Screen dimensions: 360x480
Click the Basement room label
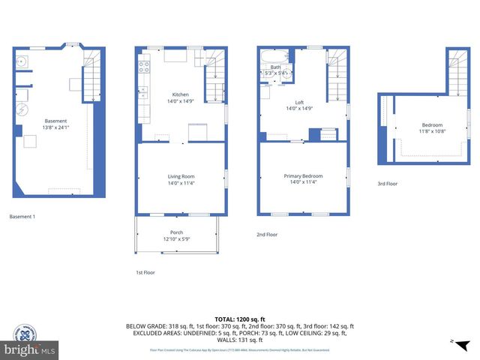pyautogui.click(x=55, y=121)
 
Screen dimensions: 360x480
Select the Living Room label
pyautogui.click(x=181, y=176)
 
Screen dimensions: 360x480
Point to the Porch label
pyautogui.click(x=177, y=232)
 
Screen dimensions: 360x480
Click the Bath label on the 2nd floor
pyautogui.click(x=275, y=67)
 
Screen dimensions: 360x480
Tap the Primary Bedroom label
pyautogui.click(x=303, y=176)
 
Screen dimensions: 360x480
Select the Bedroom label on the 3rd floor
pyautogui.click(x=432, y=125)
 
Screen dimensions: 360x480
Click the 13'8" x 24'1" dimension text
pyautogui.click(x=55, y=127)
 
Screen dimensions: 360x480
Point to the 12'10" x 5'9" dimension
pyautogui.click(x=177, y=238)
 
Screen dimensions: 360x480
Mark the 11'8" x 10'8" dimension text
pyautogui.click(x=432, y=131)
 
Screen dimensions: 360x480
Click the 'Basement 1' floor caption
pyautogui.click(x=22, y=217)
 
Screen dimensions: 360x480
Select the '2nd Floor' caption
pyautogui.click(x=268, y=235)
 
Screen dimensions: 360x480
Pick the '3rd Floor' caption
pyautogui.click(x=388, y=184)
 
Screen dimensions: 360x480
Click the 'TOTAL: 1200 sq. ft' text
pyautogui.click(x=239, y=319)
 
